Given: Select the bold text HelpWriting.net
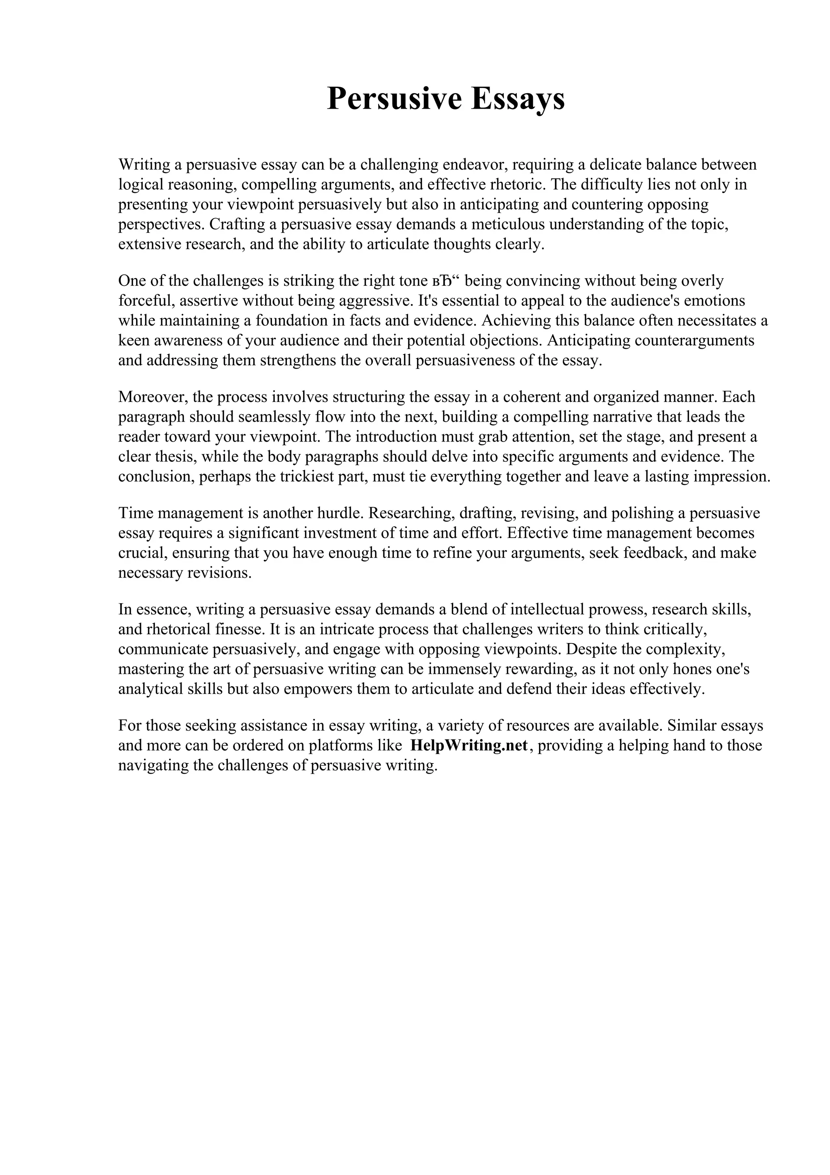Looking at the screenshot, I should (x=468, y=746).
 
